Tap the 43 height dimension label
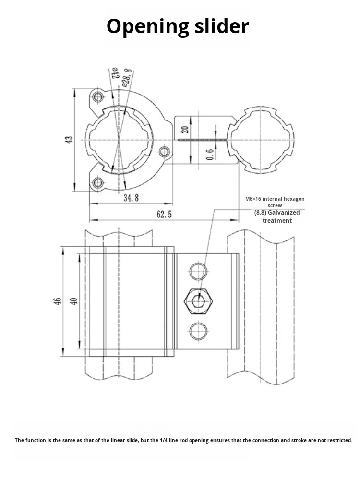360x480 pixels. (69, 140)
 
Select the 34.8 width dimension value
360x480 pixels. (131, 198)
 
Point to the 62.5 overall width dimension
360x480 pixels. (164, 215)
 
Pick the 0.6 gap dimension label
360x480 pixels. (210, 155)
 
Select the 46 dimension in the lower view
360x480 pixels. (58, 301)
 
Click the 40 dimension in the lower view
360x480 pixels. (73, 301)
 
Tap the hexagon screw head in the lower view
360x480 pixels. (199, 301)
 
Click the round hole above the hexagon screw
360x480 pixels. (198, 271)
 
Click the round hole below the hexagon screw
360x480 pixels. (198, 331)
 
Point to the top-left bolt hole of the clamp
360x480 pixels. (99, 97)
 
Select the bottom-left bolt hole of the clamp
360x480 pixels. (99, 182)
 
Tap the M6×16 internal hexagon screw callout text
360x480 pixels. (275, 202)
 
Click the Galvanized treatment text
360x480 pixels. (277, 216)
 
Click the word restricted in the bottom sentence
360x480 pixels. (336, 440)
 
